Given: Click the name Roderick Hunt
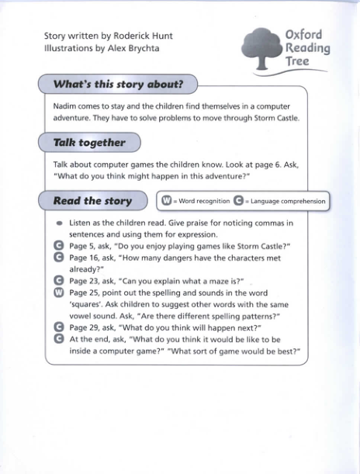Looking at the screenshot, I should (x=143, y=36).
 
